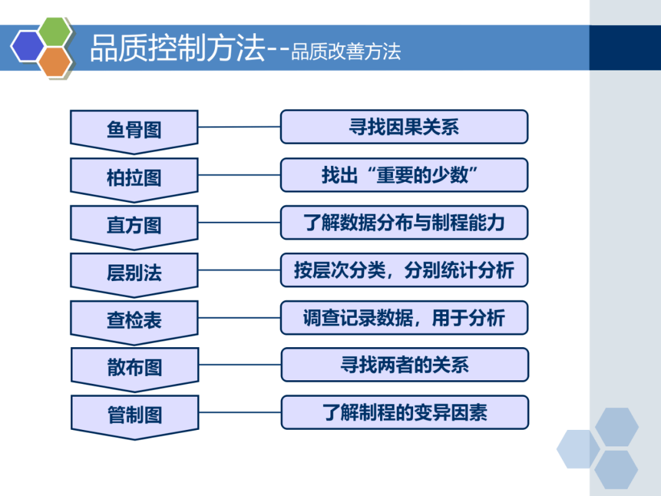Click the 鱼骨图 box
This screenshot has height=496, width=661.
click(x=134, y=129)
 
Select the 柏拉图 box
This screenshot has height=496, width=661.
click(x=134, y=178)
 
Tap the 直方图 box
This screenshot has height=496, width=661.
click(x=134, y=225)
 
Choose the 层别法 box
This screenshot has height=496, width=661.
click(x=134, y=272)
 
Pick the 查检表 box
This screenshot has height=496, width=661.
click(x=134, y=320)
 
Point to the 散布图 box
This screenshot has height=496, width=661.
click(x=135, y=367)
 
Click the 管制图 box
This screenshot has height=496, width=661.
click(x=135, y=415)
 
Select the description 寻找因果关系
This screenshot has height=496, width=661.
click(x=404, y=127)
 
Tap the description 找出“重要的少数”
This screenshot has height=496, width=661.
click(x=404, y=175)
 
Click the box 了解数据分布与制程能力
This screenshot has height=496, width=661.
click(x=404, y=222)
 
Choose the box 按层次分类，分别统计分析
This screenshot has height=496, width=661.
click(x=404, y=270)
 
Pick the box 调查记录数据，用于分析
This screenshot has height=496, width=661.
click(x=404, y=317)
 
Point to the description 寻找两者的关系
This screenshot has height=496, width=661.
click(x=405, y=364)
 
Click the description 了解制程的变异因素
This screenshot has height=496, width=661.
click(x=405, y=412)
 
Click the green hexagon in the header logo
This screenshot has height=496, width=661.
click(x=54, y=31)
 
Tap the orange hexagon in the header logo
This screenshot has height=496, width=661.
click(x=55, y=61)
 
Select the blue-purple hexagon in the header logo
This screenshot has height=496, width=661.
click(x=28, y=46)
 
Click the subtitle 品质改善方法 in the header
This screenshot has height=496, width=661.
click(x=346, y=52)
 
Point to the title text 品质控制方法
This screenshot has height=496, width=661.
click(x=177, y=48)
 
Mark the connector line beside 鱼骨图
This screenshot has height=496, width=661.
click(x=239, y=127)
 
